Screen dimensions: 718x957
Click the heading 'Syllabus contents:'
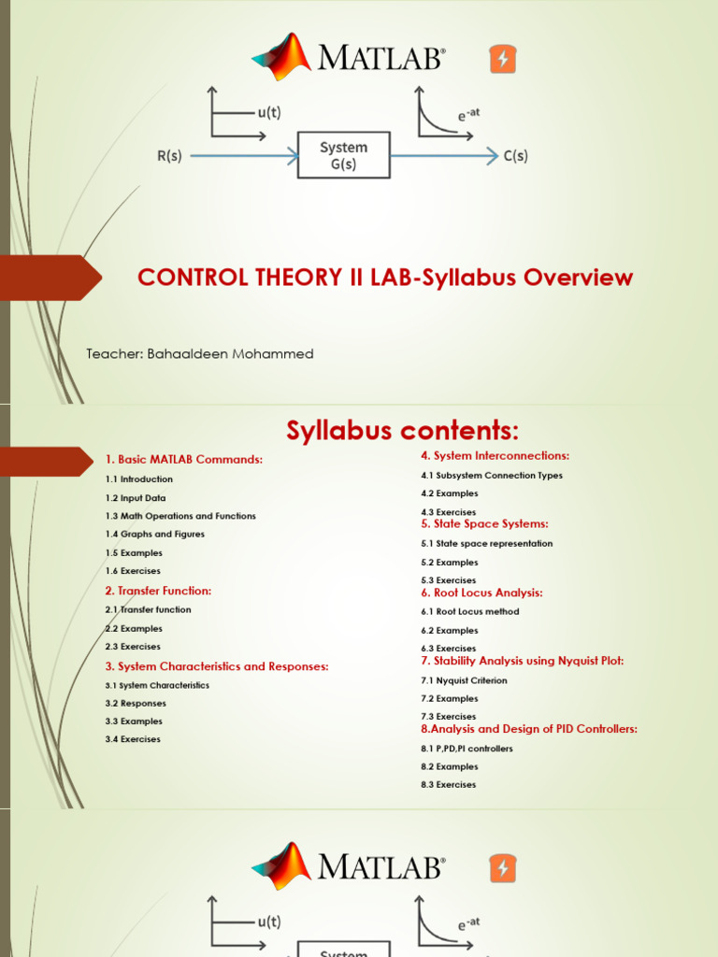401,431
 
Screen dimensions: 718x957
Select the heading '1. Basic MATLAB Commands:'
184,460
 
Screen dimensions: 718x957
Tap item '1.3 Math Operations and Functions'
180,516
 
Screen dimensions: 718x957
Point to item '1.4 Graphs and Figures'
155,535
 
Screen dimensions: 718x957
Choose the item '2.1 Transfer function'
149,609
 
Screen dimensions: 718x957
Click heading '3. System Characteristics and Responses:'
217,666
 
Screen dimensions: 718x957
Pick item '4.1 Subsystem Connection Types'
492,475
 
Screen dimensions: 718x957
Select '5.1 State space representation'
487,543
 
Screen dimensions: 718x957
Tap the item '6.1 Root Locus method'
470,611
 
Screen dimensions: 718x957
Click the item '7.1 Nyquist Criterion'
465,680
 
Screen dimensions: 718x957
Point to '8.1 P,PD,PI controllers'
467,749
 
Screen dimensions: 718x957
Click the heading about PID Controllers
529,729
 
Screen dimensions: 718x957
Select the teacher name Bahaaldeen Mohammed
200,354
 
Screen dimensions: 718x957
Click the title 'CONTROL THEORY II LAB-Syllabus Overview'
385,278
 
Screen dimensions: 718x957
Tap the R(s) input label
169,156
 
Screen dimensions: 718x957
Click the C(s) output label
515,156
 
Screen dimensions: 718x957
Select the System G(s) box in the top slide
344,155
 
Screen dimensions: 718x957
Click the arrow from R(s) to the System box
243,157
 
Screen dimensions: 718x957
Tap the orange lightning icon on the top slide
503,60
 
